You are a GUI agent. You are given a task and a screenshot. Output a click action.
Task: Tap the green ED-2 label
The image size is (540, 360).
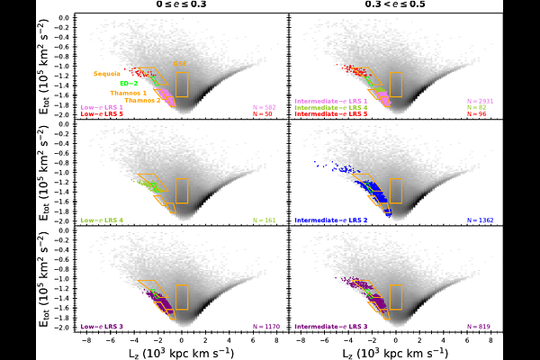[129, 83]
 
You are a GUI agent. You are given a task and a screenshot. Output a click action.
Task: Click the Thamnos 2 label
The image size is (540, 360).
[141, 100]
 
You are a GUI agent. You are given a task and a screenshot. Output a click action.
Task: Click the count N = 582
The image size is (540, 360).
[263, 108]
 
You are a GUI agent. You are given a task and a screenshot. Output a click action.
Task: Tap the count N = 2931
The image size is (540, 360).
[478, 102]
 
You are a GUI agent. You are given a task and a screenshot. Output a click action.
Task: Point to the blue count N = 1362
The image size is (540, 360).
[478, 220]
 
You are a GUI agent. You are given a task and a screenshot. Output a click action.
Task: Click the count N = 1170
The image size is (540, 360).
[261, 326]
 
